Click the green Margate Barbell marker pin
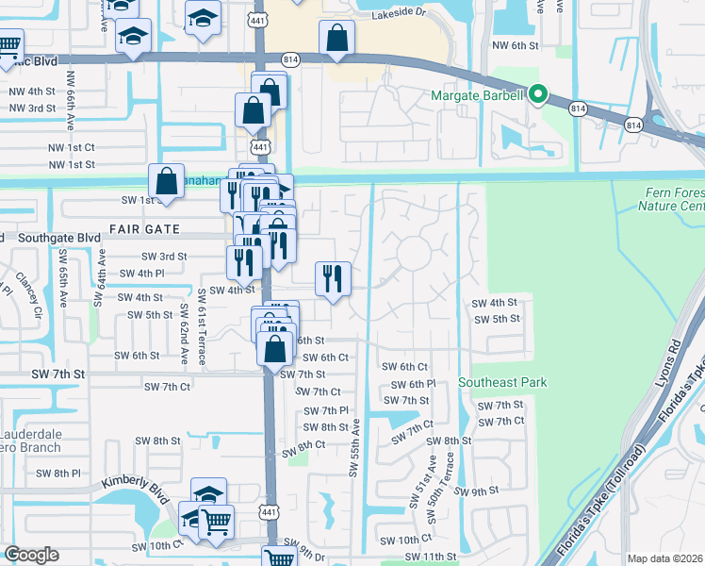tap(538, 93)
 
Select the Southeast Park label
tap(502, 382)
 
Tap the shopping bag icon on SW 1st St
tap(166, 181)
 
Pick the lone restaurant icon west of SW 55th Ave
tap(333, 278)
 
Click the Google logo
tap(31, 555)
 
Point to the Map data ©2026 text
tap(664, 558)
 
